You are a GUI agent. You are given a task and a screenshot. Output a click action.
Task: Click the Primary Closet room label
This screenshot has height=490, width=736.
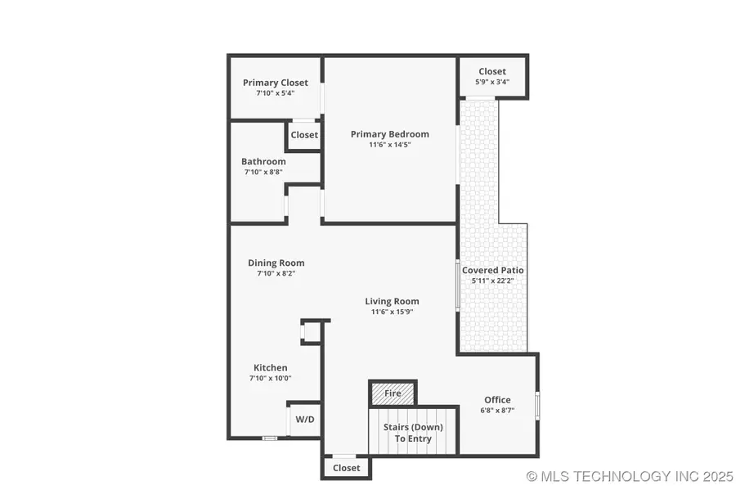click(x=276, y=83)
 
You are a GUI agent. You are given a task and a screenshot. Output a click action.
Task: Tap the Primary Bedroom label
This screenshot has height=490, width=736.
click(x=389, y=134)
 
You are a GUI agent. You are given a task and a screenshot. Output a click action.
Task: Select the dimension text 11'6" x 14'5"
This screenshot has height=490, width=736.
click(x=389, y=145)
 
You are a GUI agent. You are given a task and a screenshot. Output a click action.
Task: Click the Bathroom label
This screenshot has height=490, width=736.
click(x=263, y=161)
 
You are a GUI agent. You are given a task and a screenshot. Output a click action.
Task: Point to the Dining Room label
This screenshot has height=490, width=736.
click(x=276, y=263)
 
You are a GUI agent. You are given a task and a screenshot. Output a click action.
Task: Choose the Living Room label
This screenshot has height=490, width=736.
click(x=392, y=301)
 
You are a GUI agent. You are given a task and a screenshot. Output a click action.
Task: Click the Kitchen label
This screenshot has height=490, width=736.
click(x=270, y=367)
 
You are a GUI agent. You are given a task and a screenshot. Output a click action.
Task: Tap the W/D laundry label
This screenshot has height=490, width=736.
click(x=304, y=419)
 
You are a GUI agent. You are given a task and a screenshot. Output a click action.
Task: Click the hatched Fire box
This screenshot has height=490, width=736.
click(x=393, y=393)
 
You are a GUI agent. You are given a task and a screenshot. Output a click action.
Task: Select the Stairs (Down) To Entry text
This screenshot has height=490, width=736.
click(x=413, y=433)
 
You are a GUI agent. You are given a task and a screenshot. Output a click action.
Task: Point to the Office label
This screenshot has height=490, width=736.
click(x=497, y=400)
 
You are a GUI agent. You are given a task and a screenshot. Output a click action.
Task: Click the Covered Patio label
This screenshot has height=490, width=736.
click(x=493, y=270)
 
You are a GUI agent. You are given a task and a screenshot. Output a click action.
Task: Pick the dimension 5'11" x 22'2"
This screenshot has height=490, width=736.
click(x=493, y=281)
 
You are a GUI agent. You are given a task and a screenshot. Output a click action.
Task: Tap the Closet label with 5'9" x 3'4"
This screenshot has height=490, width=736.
click(x=492, y=71)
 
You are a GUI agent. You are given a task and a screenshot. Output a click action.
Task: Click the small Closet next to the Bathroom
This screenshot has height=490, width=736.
click(x=304, y=135)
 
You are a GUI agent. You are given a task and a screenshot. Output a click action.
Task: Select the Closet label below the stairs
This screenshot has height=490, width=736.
click(x=347, y=468)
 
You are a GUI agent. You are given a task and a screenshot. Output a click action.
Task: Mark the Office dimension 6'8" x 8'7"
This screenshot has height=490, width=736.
click(x=497, y=411)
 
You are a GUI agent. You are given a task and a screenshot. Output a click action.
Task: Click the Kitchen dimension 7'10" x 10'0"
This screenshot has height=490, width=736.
click(x=270, y=378)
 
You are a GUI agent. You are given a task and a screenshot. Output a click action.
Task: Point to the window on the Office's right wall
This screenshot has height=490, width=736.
click(x=537, y=405)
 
